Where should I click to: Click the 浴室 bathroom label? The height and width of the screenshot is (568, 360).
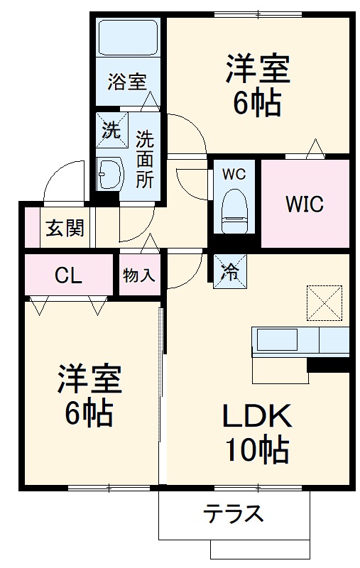tap(127, 82)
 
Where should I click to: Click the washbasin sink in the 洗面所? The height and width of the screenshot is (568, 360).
tap(110, 172)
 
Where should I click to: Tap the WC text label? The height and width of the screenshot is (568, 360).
tap(234, 174)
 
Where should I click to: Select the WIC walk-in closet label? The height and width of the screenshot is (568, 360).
tap(305, 204)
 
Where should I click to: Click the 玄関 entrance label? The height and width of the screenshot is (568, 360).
tap(66, 229)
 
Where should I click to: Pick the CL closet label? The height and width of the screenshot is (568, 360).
tap(69, 276)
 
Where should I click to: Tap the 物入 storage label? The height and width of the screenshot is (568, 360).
tap(138, 276)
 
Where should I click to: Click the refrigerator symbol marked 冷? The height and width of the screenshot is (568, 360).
tap(230, 271)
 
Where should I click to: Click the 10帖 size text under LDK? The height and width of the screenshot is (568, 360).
tap(256, 449)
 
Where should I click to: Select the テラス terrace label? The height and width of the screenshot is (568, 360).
tap(234, 512)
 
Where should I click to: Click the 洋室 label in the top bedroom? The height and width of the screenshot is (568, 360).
tap(257, 71)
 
